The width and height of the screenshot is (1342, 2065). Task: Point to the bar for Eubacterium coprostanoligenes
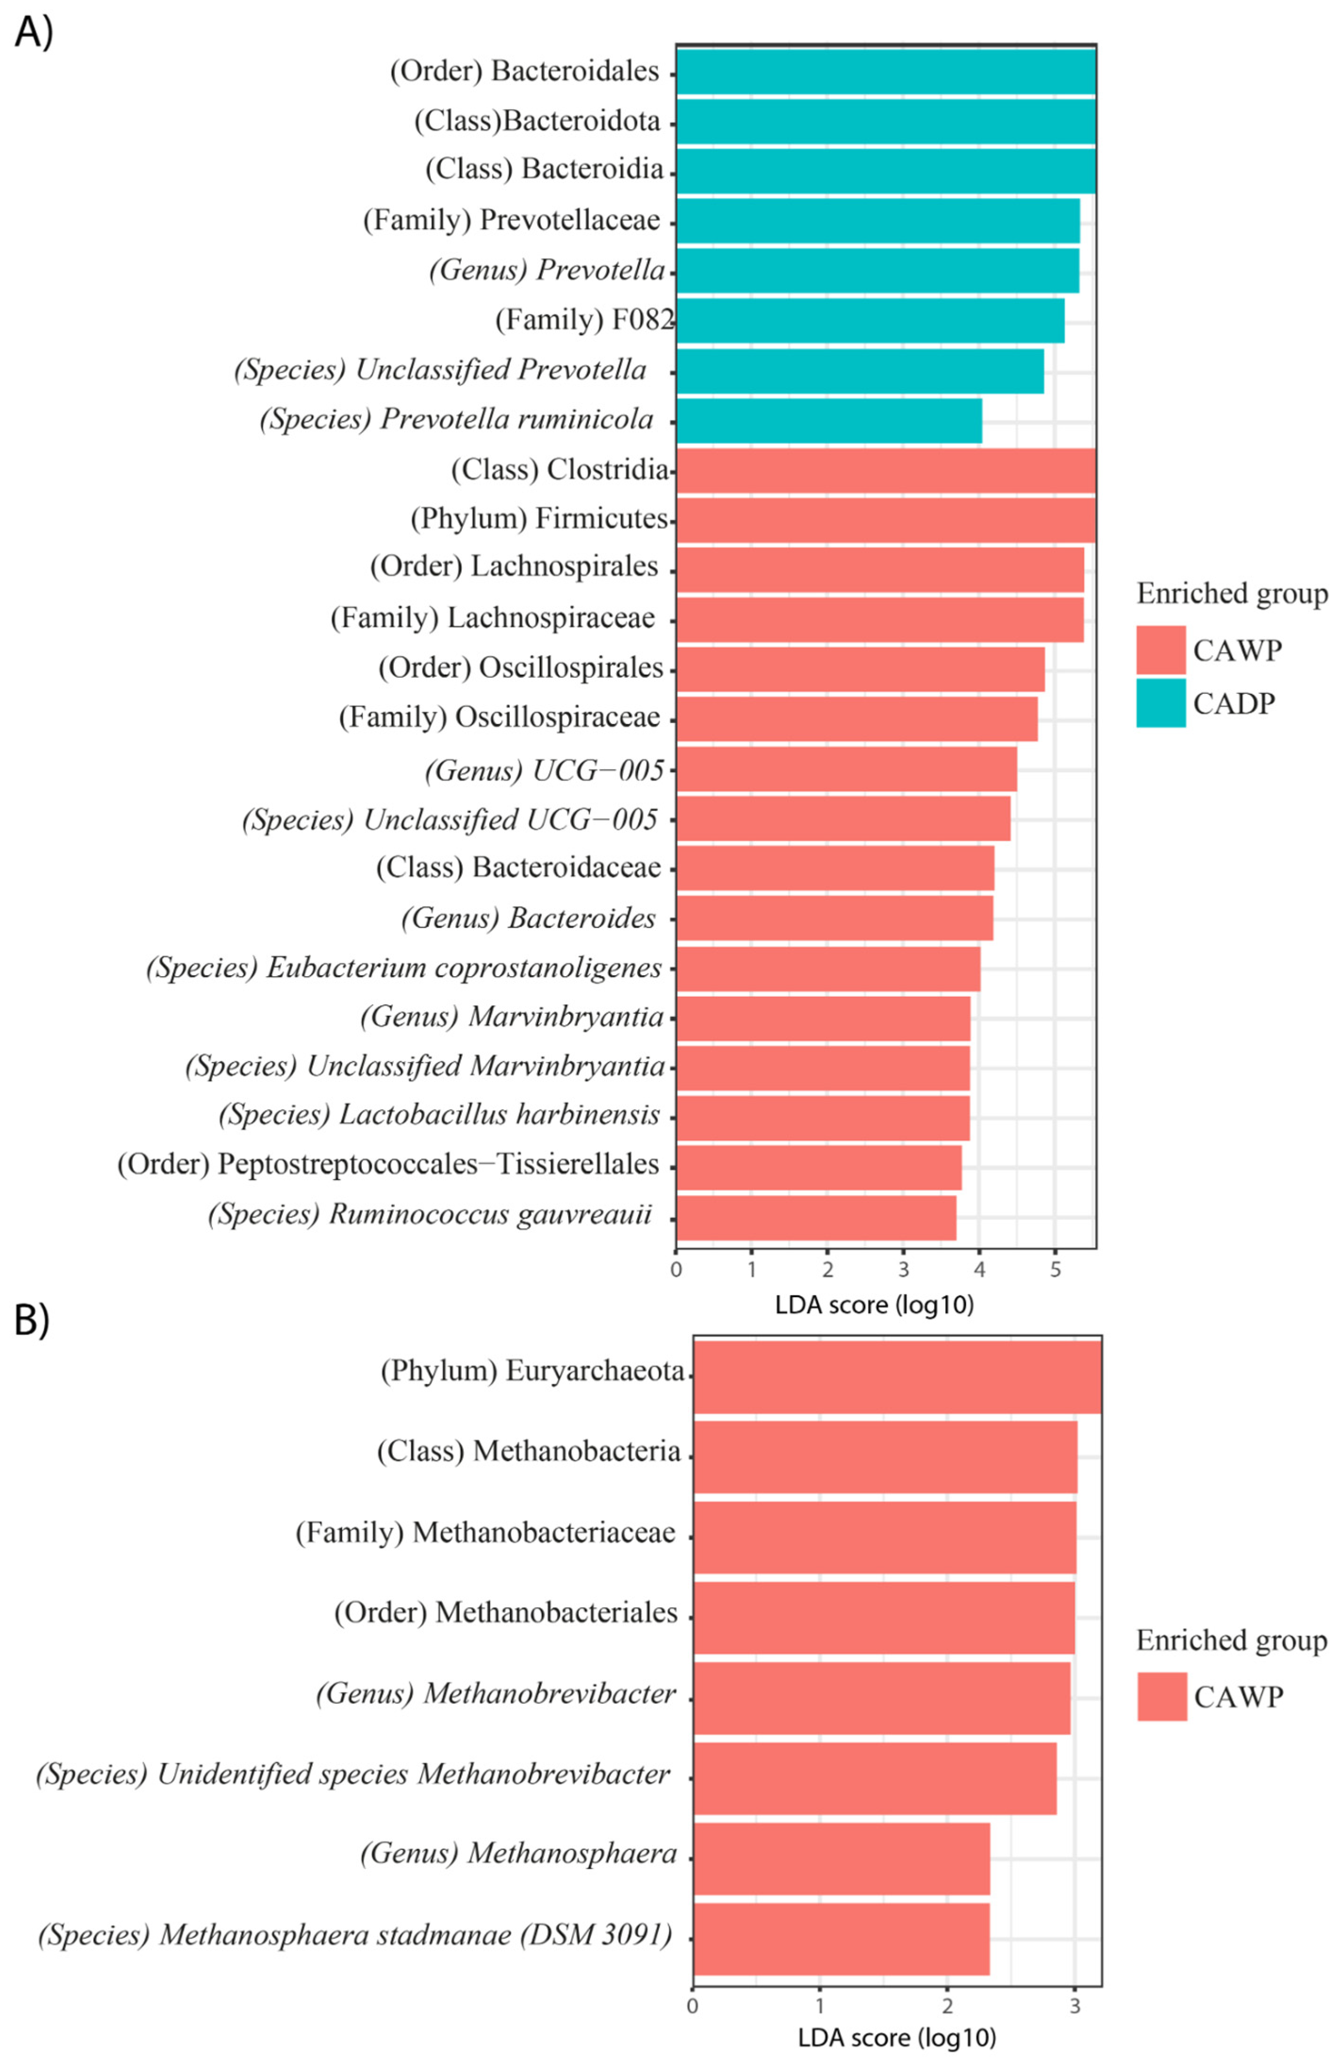pos(828,968)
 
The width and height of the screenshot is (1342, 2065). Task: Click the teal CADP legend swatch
pos(1161,703)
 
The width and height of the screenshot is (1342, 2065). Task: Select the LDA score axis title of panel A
pos(875,1304)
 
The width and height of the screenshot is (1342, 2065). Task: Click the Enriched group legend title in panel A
pos(1232,594)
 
